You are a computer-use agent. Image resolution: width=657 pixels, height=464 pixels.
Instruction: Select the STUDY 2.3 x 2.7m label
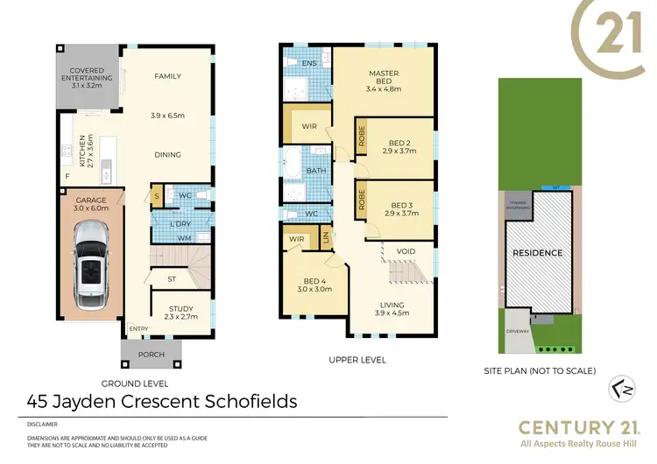[180, 313]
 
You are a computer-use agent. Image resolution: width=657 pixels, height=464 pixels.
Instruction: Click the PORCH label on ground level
[151, 355]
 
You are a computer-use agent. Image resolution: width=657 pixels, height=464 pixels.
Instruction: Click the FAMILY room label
[167, 76]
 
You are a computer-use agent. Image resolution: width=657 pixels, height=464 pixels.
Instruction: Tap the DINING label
[167, 155]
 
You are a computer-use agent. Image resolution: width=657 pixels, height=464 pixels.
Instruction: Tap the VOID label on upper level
[406, 251]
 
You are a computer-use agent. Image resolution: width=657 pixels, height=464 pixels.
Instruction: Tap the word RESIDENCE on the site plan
[538, 253]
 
